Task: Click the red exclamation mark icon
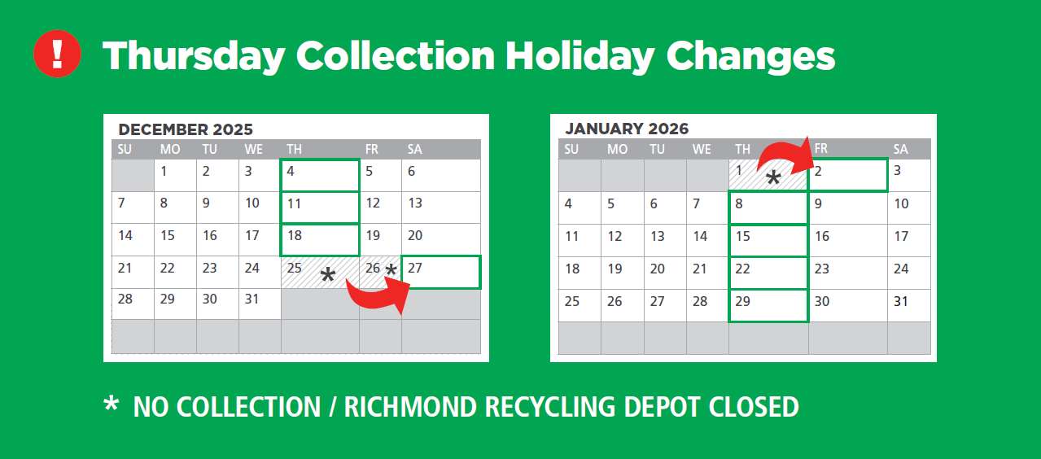coord(57,54)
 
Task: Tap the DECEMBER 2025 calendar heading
coord(186,129)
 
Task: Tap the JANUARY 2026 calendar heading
coord(627,129)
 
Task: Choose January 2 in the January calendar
coord(848,175)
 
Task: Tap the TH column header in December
coord(294,150)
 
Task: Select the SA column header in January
coord(900,150)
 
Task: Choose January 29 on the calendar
coord(768,305)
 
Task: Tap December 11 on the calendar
coord(320,208)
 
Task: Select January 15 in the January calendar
coord(768,240)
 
